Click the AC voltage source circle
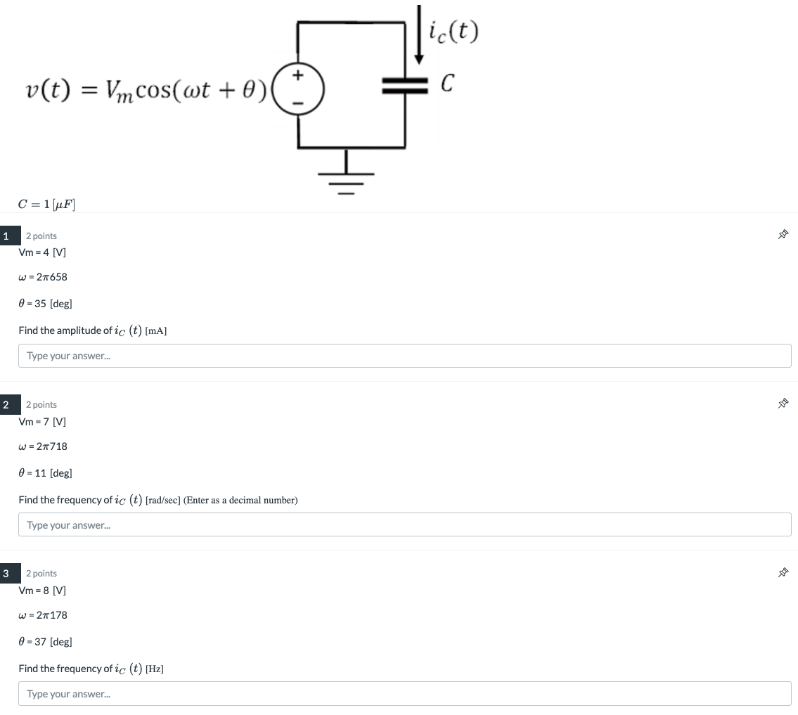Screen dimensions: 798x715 pos(298,89)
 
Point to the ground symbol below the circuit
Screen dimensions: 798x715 pos(346,176)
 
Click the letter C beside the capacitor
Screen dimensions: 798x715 pos(446,85)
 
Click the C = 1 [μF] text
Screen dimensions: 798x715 pos(46,205)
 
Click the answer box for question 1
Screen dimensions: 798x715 pos(404,356)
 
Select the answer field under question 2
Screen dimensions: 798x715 pos(404,524)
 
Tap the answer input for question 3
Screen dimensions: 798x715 pos(404,693)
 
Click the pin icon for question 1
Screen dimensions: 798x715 pos(783,235)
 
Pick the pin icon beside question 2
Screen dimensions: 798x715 pos(783,404)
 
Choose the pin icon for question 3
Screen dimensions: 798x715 pos(783,572)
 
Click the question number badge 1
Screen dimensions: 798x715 pos(6,236)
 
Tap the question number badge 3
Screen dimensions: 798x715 pos(6,573)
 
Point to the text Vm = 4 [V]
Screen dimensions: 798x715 pos(42,252)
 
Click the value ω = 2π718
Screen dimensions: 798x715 pos(43,446)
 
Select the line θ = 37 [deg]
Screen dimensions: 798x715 pos(45,641)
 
